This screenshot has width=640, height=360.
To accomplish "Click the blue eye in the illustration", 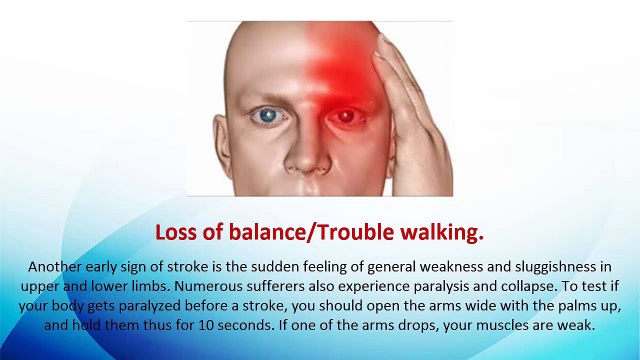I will pyautogui.click(x=269, y=117).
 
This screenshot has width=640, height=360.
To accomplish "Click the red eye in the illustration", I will pyautogui.click(x=346, y=117).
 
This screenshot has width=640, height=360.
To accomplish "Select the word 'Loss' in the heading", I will pyautogui.click(x=177, y=233).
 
